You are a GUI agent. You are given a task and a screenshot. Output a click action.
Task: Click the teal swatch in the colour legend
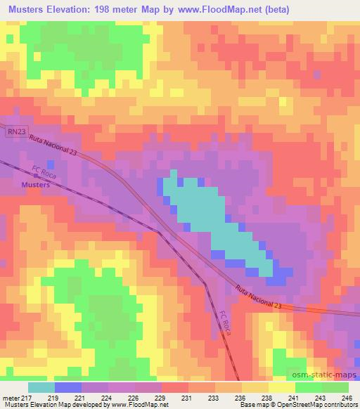(41, 387)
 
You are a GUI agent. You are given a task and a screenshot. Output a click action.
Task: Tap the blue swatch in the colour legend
(68, 387)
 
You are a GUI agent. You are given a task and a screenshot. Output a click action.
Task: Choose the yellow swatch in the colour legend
(282, 387)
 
